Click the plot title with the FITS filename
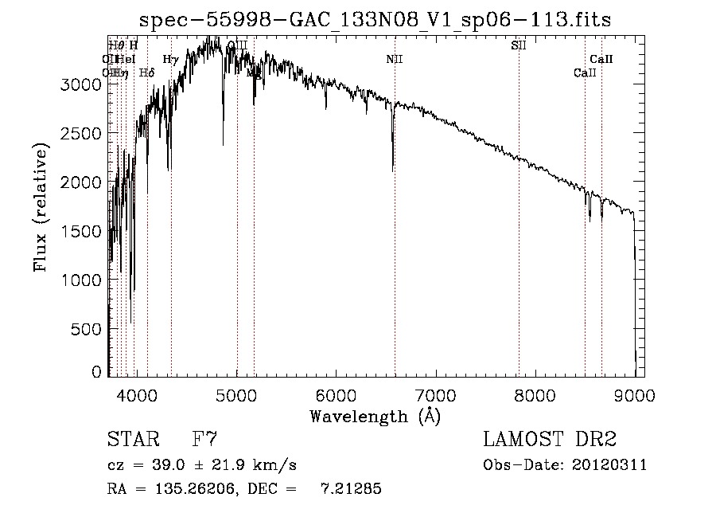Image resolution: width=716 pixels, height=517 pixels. pyautogui.click(x=375, y=20)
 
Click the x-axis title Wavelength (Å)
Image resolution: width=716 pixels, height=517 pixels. pyautogui.click(x=375, y=416)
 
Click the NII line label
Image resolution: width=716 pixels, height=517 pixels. pyautogui.click(x=395, y=60)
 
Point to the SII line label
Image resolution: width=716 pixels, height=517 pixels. pyautogui.click(x=519, y=45)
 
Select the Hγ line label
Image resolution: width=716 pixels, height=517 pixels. pyautogui.click(x=170, y=60)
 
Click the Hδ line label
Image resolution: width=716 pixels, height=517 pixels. pyautogui.click(x=146, y=73)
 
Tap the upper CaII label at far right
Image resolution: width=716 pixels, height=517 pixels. pyautogui.click(x=601, y=60)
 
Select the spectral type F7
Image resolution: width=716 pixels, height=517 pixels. pyautogui.click(x=205, y=440)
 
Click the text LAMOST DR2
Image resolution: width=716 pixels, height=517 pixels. pyautogui.click(x=550, y=440)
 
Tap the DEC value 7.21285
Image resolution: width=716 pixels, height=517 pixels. pyautogui.click(x=351, y=490)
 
